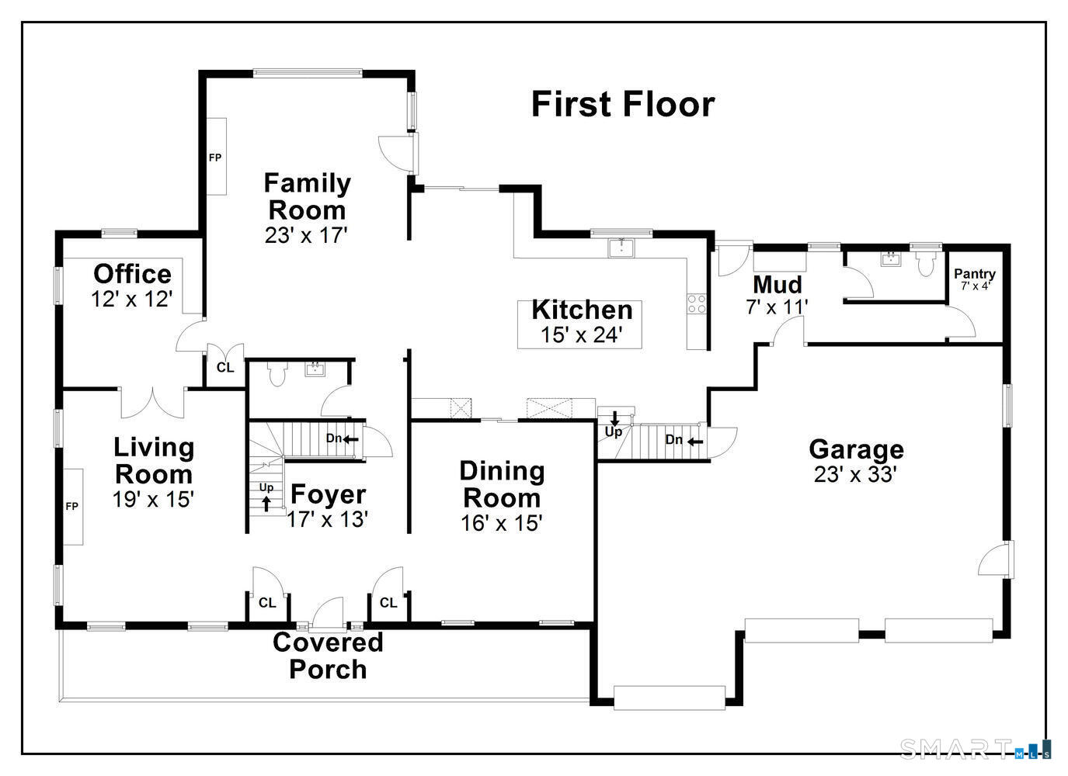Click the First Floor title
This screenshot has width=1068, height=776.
click(x=623, y=104)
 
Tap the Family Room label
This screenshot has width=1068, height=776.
click(x=307, y=196)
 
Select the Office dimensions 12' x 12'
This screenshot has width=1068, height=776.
click(x=131, y=300)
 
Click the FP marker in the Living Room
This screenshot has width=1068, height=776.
click(x=72, y=507)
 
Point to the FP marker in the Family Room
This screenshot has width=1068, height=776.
click(x=215, y=158)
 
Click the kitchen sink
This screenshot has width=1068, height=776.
click(x=621, y=248)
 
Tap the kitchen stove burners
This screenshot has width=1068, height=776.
click(x=697, y=304)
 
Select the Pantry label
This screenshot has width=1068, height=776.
click(x=975, y=274)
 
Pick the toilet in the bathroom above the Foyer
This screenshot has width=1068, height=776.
click(x=277, y=374)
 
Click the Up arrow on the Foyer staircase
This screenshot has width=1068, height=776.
click(x=266, y=504)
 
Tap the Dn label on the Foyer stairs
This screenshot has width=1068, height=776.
click(x=333, y=438)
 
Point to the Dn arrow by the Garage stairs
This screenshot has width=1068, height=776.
click(x=695, y=442)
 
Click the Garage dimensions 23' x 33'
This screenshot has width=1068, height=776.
click(x=856, y=474)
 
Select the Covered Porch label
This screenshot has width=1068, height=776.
click(x=328, y=656)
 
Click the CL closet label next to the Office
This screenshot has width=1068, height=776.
click(x=225, y=367)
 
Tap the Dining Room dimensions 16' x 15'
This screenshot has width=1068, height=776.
click(x=502, y=523)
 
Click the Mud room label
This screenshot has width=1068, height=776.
click(x=778, y=285)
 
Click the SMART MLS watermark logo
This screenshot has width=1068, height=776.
click(x=976, y=750)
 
